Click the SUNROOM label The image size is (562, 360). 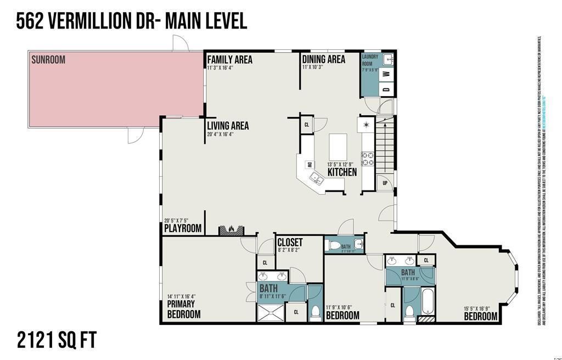[48, 59]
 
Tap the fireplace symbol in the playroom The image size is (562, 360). [231, 229]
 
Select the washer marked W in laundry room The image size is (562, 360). [386, 74]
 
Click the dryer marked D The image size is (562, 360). [386, 89]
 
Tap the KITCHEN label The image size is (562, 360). [342, 172]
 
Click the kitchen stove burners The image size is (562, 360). [367, 159]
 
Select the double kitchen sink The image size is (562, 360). [316, 178]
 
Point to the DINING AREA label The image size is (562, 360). [323, 59]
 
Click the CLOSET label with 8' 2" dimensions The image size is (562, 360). [290, 242]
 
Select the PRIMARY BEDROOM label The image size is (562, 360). [183, 309]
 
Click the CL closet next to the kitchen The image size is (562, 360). [306, 125]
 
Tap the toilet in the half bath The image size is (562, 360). [331, 245]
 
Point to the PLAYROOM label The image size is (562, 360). [183, 228]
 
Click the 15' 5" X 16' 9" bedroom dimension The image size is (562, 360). [480, 310]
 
